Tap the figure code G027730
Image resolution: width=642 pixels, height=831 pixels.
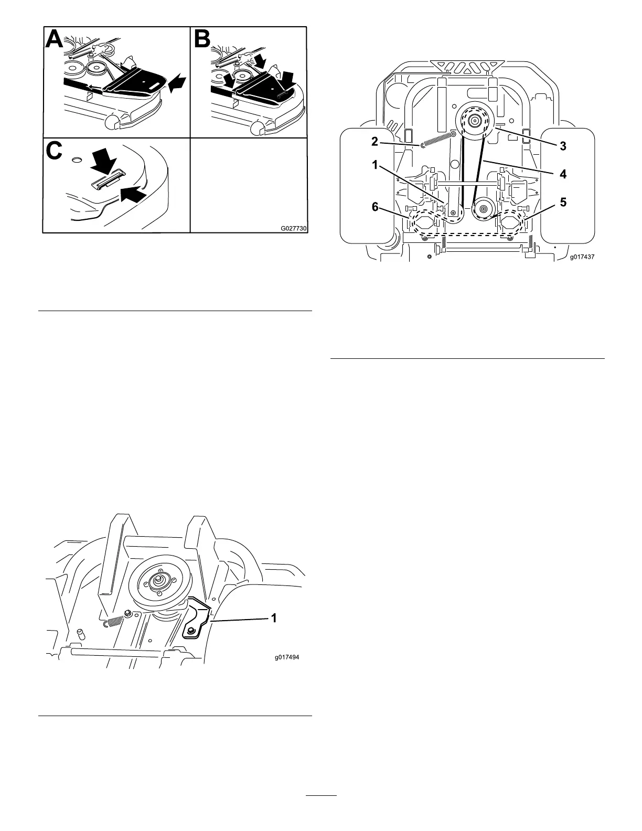click(293, 229)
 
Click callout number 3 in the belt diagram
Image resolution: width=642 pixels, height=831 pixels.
click(562, 146)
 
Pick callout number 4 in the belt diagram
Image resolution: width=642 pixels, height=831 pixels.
click(562, 174)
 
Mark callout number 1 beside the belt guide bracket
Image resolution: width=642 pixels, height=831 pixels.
click(273, 619)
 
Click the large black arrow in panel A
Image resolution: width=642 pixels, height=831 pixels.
click(177, 83)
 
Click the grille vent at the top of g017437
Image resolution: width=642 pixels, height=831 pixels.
click(465, 67)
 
